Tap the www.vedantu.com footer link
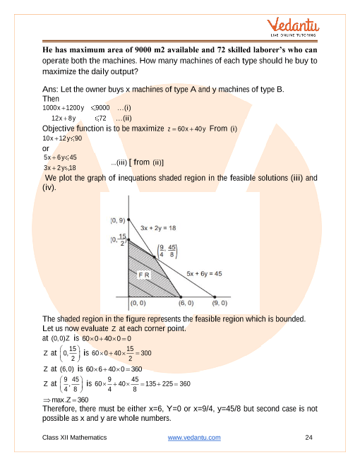pyautogui.click(x=194, y=438)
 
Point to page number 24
pyautogui.click(x=308, y=438)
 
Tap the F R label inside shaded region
pyautogui.click(x=143, y=275)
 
